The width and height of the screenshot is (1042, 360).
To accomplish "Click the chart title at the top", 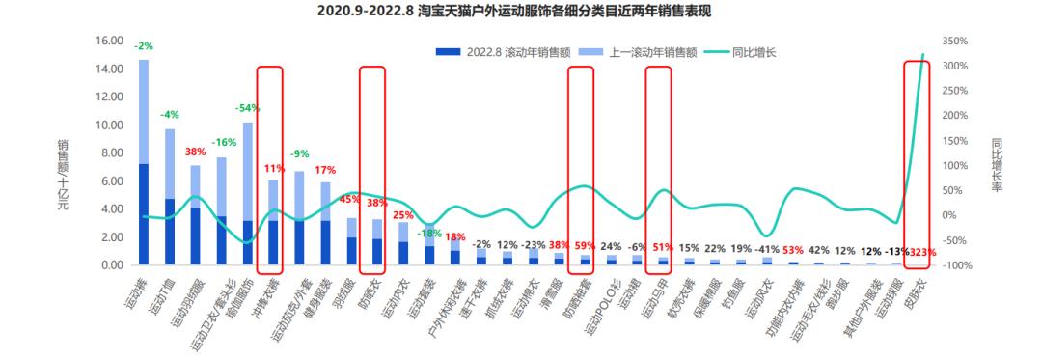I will tap(521, 12).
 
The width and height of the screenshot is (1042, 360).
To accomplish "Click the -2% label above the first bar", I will tap(145, 45).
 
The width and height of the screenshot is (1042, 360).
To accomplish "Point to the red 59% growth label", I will tap(585, 245).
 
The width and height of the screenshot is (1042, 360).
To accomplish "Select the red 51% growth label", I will tap(663, 246).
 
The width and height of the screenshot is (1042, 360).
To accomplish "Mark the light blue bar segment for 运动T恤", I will tap(170, 164).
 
